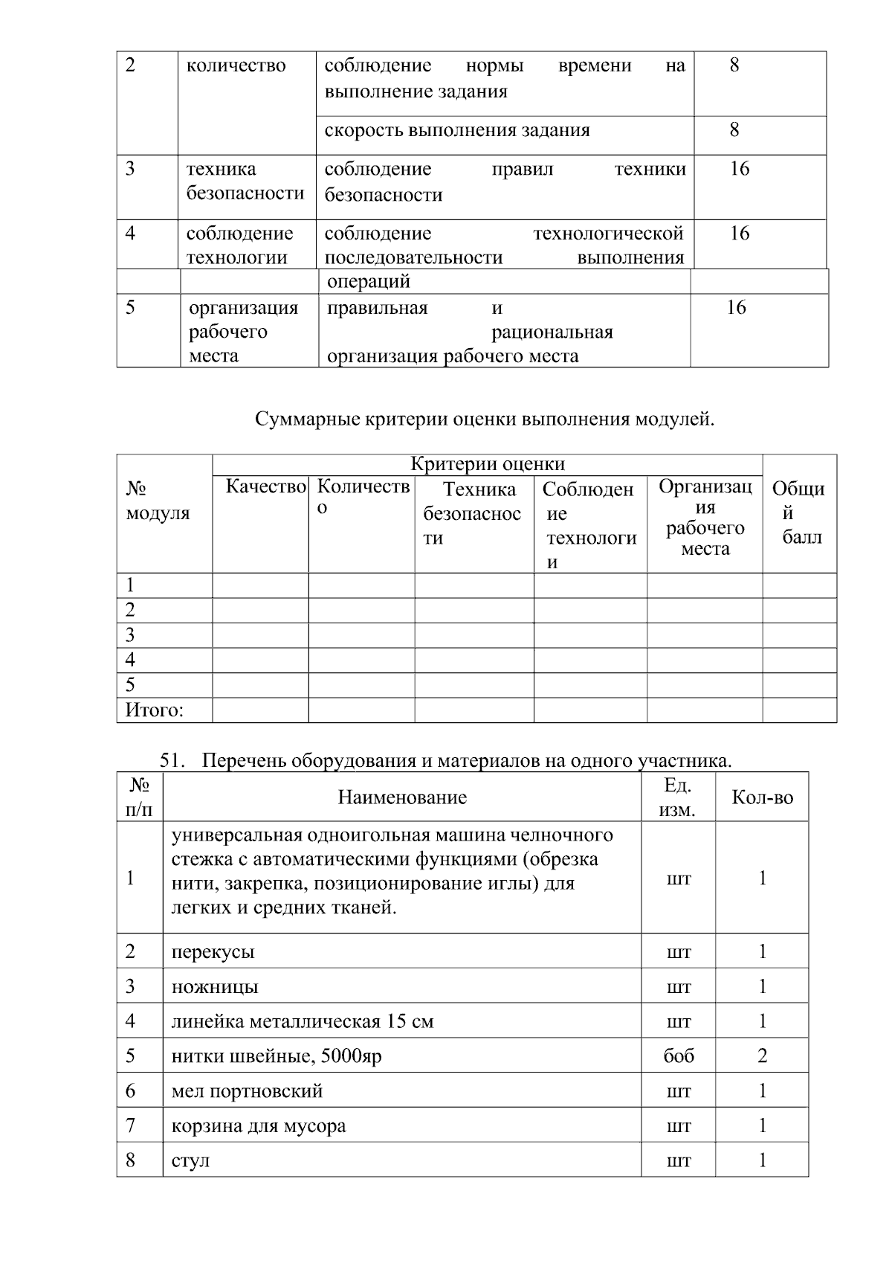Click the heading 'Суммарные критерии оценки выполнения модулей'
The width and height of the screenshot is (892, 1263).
(485, 419)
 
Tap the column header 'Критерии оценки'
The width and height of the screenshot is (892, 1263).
(488, 464)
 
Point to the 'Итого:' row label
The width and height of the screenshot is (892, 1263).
(154, 710)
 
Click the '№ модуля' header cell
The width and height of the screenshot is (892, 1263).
(158, 501)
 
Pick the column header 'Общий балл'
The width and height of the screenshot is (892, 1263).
(799, 512)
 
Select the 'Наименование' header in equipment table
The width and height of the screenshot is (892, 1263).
(402, 797)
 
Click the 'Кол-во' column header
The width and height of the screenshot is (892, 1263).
(762, 797)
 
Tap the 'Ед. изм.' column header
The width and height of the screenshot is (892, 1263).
(677, 797)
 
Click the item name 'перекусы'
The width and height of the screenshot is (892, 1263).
(213, 951)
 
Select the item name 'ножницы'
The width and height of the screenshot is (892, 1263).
(215, 986)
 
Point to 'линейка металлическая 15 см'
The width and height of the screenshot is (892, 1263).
(302, 1021)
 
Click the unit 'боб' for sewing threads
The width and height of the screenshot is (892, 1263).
(678, 1056)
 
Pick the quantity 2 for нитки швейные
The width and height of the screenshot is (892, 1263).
(762, 1055)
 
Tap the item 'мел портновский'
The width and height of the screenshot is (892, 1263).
(247, 1091)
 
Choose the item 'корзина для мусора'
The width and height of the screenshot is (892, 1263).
(258, 1126)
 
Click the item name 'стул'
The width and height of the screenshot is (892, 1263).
(190, 1160)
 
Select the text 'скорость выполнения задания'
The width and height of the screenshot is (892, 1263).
(456, 130)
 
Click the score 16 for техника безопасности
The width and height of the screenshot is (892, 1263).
(739, 169)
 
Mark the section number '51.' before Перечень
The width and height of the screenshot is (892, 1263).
(172, 760)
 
